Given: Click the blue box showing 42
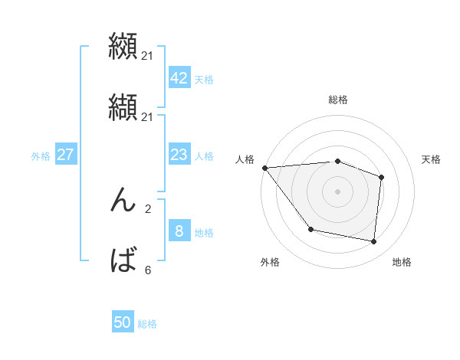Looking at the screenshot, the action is [179, 77].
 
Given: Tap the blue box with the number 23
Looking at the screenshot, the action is [179, 155].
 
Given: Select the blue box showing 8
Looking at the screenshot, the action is [179, 231].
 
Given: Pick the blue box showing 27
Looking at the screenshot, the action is [65, 155].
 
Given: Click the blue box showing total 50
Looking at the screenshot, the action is [123, 322].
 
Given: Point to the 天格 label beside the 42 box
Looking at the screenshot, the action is [204, 79].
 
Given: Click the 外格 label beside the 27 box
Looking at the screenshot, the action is [41, 156].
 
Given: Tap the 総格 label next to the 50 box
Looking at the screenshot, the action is [147, 324].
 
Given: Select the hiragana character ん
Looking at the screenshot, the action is [123, 201].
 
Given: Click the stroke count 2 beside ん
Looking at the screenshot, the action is [147, 208].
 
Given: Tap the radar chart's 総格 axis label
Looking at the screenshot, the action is [337, 100].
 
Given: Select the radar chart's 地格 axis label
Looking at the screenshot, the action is [402, 262].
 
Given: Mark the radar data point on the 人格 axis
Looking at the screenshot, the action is [264, 168].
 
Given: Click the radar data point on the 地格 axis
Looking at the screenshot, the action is [373, 242].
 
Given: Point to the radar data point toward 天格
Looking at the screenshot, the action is [381, 177].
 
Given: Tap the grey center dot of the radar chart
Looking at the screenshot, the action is [337, 191].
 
